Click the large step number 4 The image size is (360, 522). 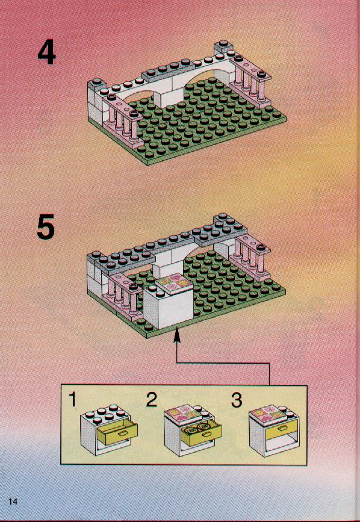pyautogui.click(x=46, y=52)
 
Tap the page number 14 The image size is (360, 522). pyautogui.click(x=13, y=502)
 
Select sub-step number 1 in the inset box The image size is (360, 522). pyautogui.click(x=72, y=399)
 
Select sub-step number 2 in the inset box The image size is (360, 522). pyautogui.click(x=152, y=399)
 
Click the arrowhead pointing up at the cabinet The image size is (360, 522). pyautogui.click(x=177, y=334)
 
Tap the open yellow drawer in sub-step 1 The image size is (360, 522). pyautogui.click(x=117, y=432)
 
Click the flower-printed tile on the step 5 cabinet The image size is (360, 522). pyautogui.click(x=173, y=284)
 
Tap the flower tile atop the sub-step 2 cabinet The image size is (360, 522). pyautogui.click(x=182, y=414)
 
